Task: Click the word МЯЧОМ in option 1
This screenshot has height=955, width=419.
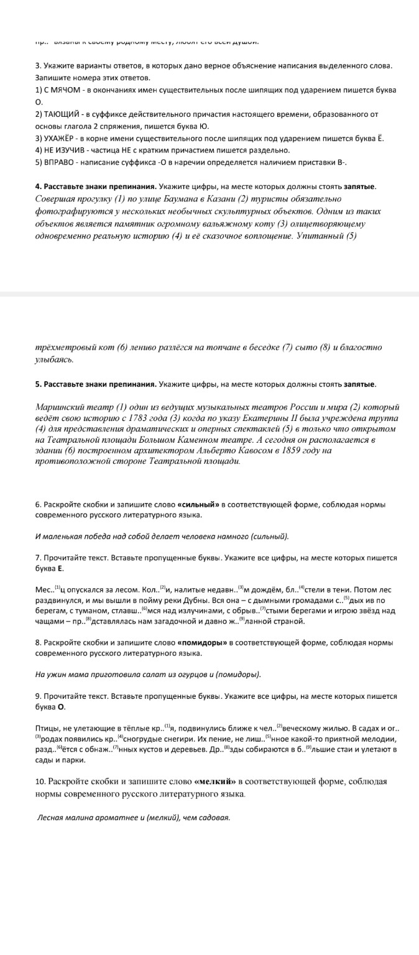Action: (66, 90)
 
